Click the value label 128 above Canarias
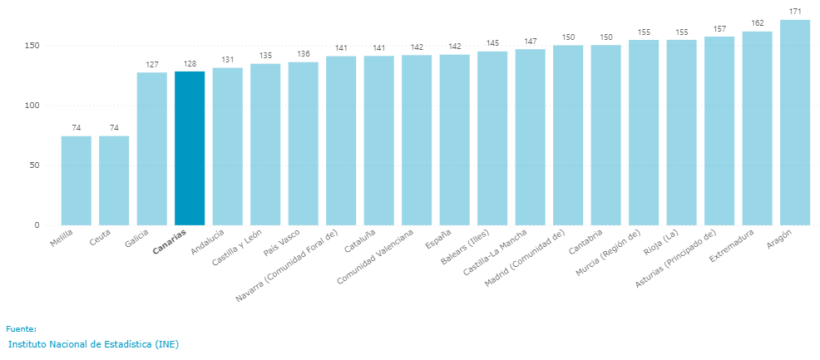[x=190, y=63]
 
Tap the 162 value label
[x=757, y=23]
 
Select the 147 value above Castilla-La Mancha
[x=530, y=41]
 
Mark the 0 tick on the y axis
[x=37, y=225]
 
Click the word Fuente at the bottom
[x=21, y=329]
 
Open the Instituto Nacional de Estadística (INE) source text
[x=93, y=344]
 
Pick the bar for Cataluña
[x=378, y=141]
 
